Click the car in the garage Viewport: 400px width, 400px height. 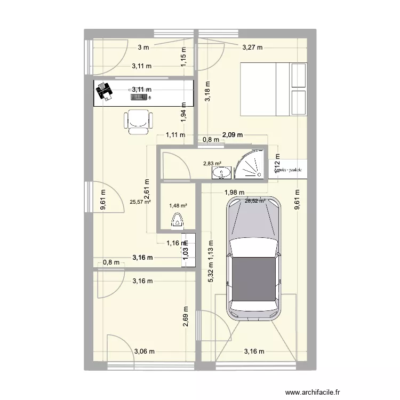(253, 259)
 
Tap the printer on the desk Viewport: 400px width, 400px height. (104, 92)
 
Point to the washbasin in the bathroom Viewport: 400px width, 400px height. (221, 172)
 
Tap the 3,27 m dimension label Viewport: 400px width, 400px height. (253, 47)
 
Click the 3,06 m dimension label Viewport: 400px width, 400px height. (144, 351)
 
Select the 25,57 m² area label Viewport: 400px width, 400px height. (140, 202)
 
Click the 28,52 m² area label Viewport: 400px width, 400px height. (255, 201)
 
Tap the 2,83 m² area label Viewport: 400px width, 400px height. (212, 165)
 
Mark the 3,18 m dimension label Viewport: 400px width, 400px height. (207, 91)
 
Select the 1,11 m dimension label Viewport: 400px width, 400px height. (175, 135)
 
